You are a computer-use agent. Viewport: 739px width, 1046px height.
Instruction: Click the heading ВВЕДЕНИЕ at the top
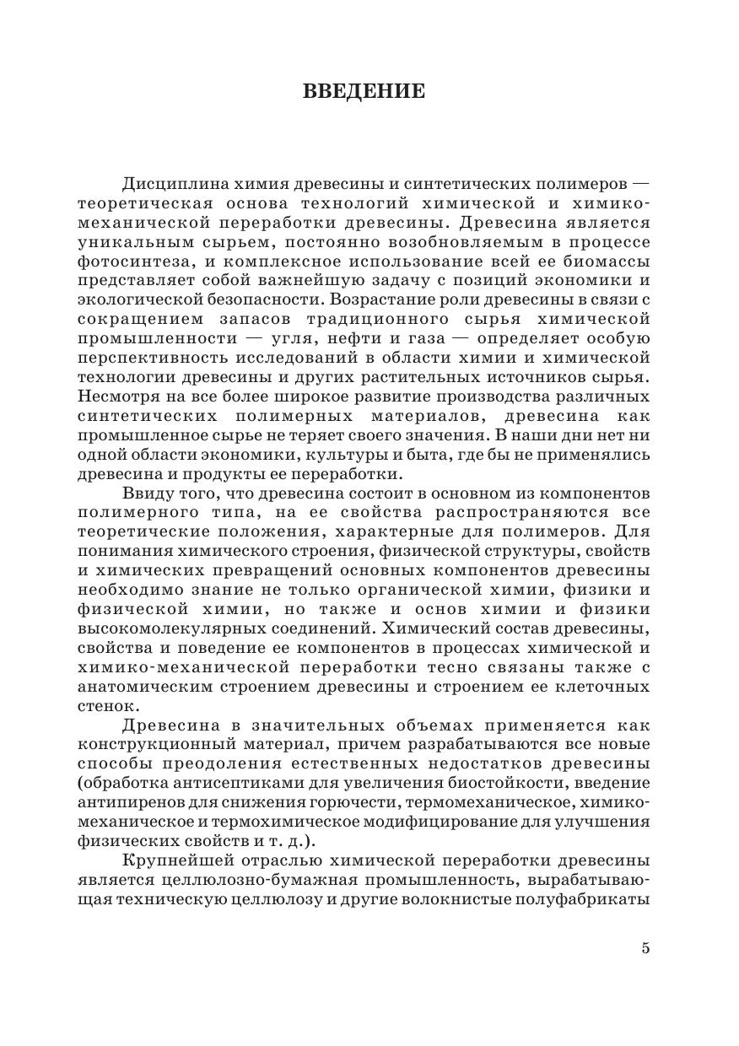click(364, 92)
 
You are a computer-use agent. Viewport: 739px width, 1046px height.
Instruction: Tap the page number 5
click(645, 947)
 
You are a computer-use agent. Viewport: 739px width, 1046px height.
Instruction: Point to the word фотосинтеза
click(123, 262)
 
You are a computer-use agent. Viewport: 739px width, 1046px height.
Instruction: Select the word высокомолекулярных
click(165, 628)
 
